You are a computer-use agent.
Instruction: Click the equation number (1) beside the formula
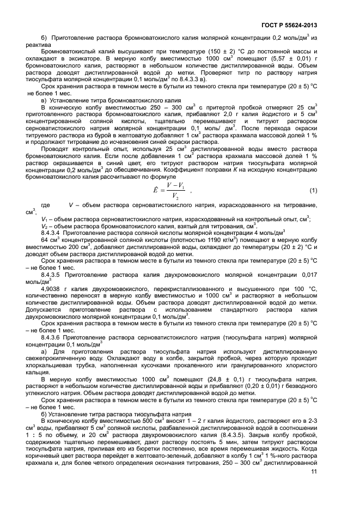pyautogui.click(x=313, y=190)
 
